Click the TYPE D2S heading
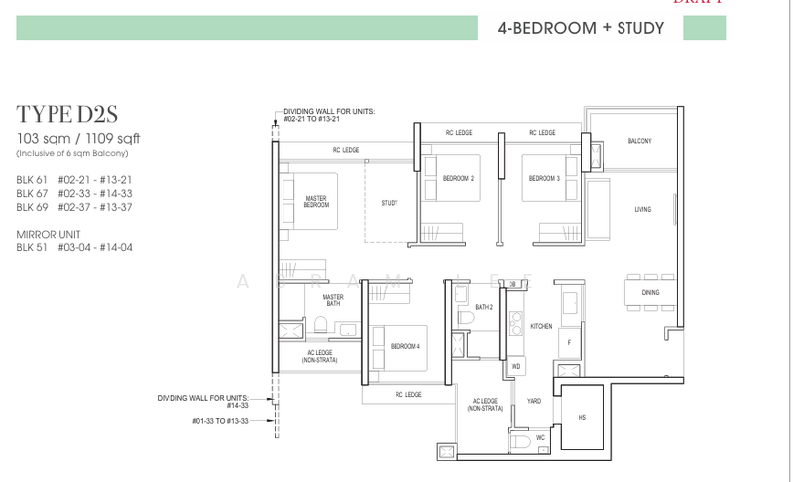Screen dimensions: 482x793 [x=64, y=115]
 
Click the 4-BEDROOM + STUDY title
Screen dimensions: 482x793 [x=580, y=29]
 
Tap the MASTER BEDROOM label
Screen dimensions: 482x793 [x=316, y=203]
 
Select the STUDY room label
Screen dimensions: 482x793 [x=389, y=203]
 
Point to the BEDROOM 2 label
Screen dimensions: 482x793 [x=458, y=179]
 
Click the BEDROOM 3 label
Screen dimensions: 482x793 [x=544, y=179]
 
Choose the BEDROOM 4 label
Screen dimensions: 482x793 [x=405, y=346]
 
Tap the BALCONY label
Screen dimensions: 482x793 [x=639, y=142]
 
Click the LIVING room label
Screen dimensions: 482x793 [x=643, y=210]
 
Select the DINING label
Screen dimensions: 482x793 [x=650, y=292]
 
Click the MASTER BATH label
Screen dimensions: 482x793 [x=332, y=302]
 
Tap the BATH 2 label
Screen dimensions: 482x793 [x=483, y=307]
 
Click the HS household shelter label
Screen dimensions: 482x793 [x=582, y=417]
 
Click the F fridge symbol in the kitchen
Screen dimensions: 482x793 [x=568, y=341]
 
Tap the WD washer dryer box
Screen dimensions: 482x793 [x=515, y=366]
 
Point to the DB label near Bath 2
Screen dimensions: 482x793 [x=512, y=284]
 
